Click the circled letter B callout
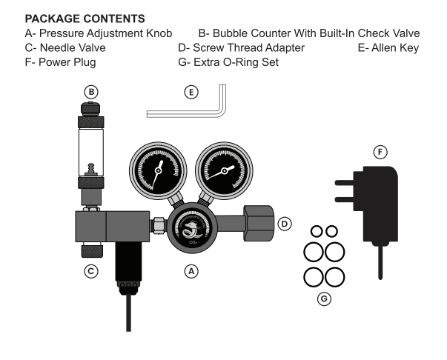90,92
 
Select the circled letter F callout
380,152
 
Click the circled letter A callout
192,271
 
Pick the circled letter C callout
90,271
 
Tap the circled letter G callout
323,299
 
